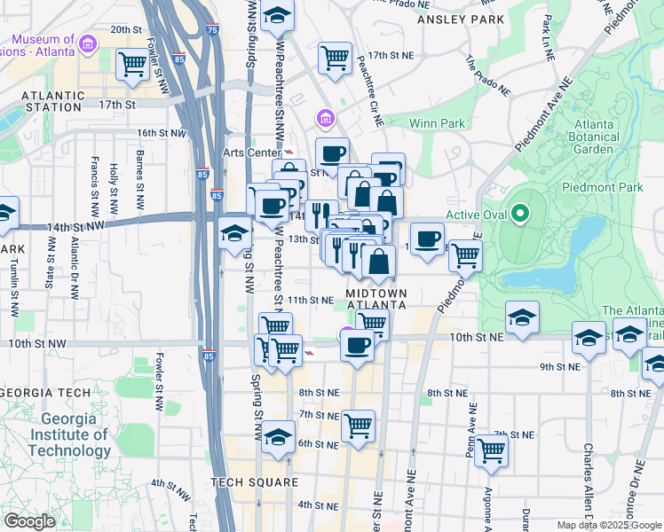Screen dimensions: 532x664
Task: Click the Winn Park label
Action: click(438, 123)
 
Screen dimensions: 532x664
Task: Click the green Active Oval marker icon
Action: click(522, 214)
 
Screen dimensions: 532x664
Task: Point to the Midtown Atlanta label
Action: click(376, 299)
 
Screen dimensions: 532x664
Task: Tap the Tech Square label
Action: click(254, 482)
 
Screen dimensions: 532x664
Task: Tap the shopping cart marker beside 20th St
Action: click(131, 63)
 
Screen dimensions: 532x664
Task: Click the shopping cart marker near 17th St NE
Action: click(335, 58)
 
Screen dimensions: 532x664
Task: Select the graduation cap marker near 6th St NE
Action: click(279, 438)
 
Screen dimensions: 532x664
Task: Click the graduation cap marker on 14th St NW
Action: click(235, 233)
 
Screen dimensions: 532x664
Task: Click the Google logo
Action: click(30, 521)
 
